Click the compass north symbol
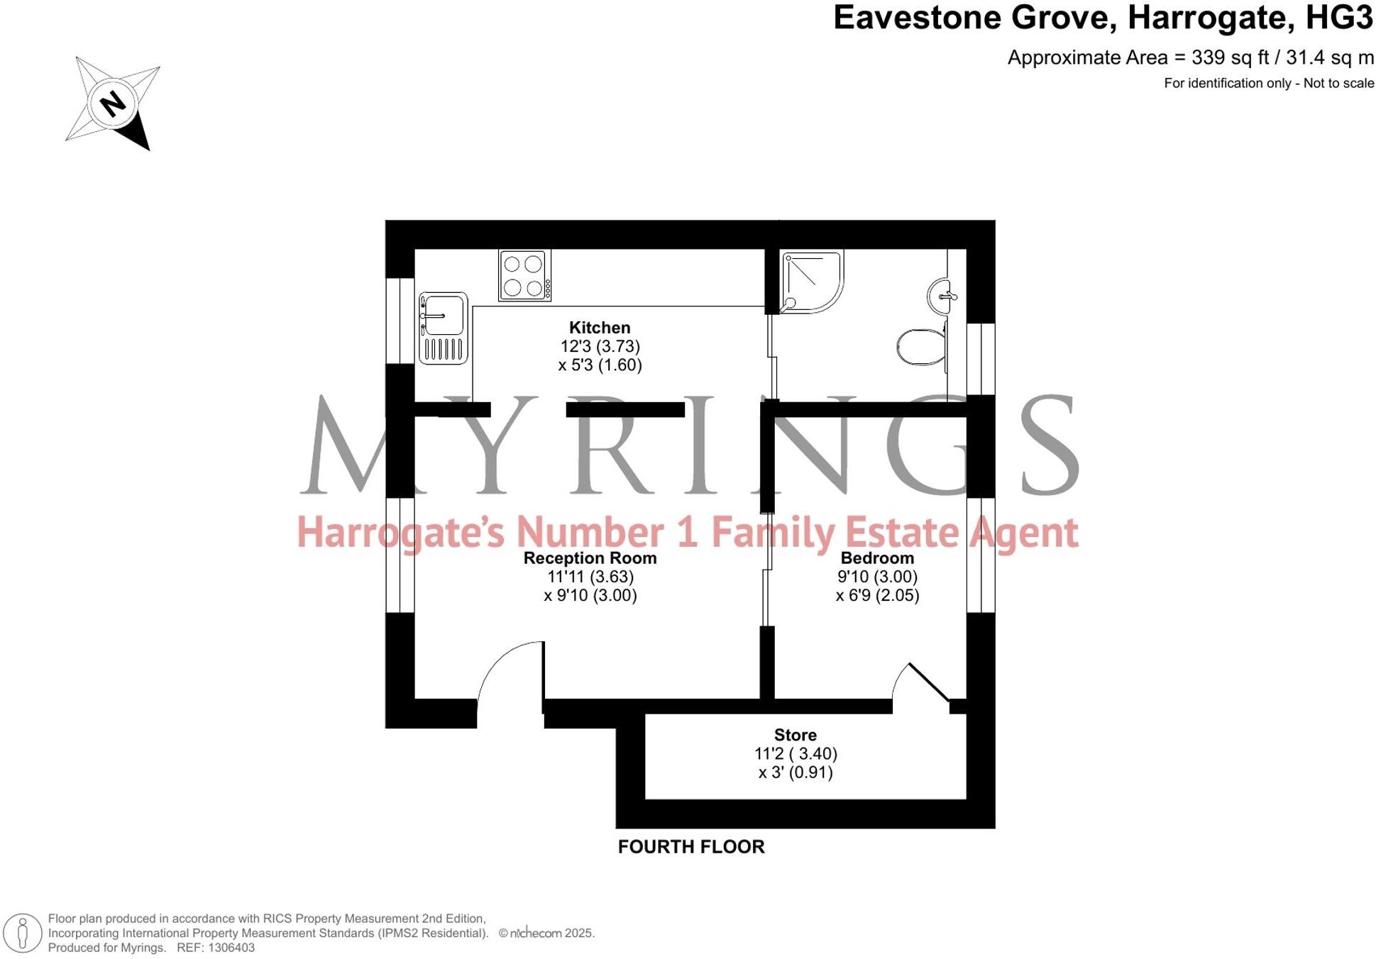(113, 103)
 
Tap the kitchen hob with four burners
(524, 275)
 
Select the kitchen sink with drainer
(444, 328)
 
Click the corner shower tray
(811, 280)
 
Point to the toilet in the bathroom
(922, 347)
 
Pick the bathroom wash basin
(942, 296)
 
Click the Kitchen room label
(600, 328)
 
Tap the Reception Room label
(590, 558)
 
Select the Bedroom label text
(877, 558)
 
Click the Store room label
(795, 735)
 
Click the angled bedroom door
(928, 682)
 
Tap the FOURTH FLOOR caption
(690, 847)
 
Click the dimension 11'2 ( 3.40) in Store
(796, 754)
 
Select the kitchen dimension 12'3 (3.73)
(600, 347)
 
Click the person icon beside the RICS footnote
(23, 933)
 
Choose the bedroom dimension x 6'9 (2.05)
(877, 596)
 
